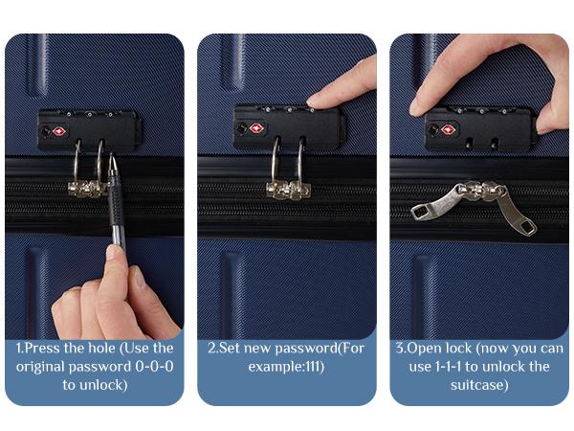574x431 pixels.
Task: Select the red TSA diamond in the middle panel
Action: coord(255,127)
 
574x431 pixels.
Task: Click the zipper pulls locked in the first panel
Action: coord(86,188)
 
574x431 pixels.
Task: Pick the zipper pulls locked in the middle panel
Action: coord(288,189)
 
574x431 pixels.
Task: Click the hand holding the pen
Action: coord(99,297)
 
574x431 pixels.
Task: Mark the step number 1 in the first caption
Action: coord(21,349)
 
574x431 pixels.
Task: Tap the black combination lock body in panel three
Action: coord(478,127)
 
